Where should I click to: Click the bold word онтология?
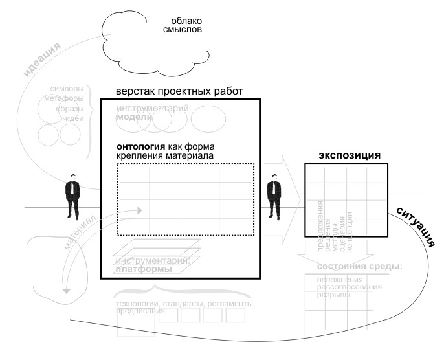click(x=137, y=146)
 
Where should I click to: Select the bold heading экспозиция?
click(x=349, y=156)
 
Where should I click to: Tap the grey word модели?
click(x=134, y=117)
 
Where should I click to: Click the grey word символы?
click(x=67, y=89)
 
